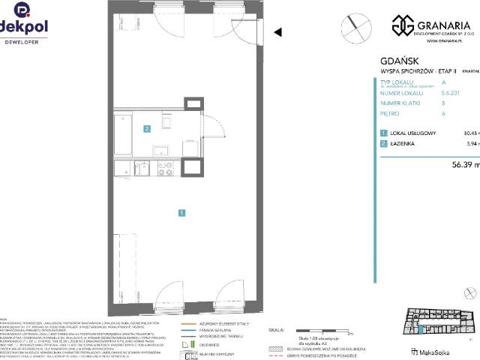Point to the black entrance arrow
[x=277, y=32]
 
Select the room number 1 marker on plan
[x=182, y=213]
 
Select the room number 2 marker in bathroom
[x=147, y=128]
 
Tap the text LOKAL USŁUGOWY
[x=415, y=133]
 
